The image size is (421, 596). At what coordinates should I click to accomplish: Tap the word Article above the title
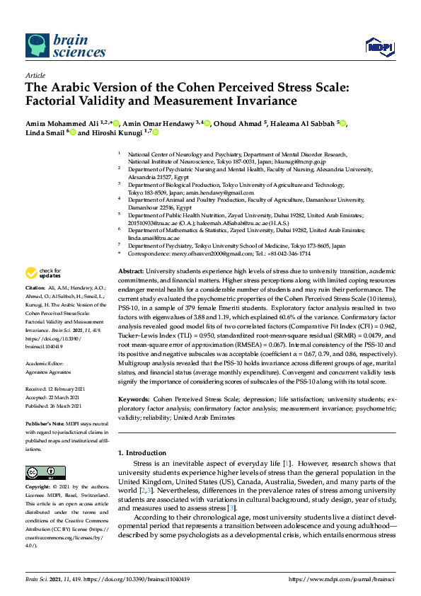pos(35,76)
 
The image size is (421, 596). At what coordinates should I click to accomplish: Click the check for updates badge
pos(44,273)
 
